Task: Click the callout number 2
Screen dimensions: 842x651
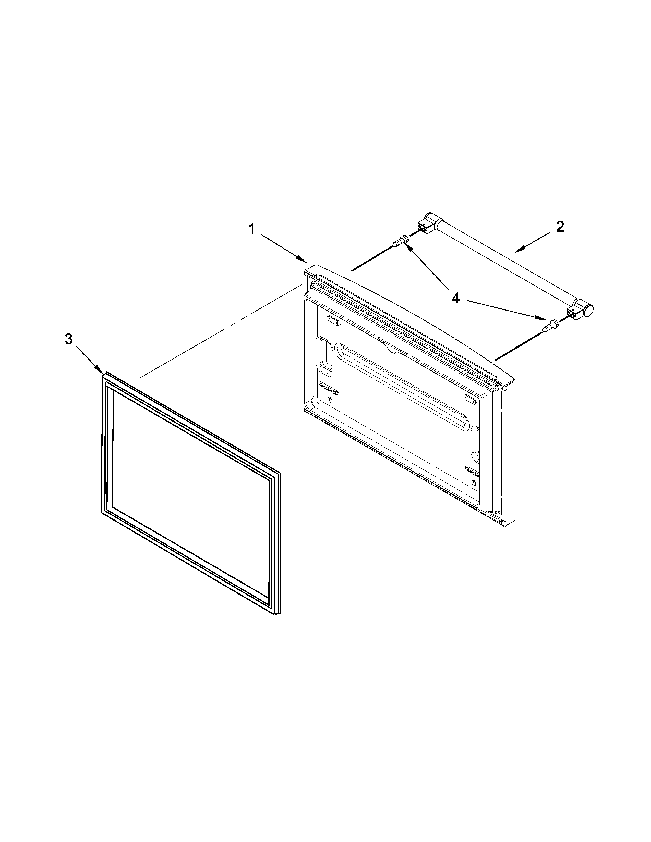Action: pos(560,226)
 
